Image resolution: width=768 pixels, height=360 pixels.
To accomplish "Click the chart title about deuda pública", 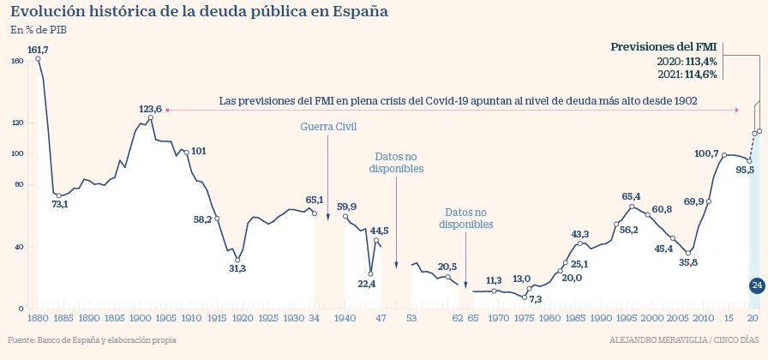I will click(198, 12).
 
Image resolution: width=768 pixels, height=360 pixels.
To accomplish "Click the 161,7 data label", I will click(38, 50).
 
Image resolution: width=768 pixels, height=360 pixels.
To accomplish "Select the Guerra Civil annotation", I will click(327, 128).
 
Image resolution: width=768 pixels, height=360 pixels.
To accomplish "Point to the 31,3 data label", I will click(237, 268).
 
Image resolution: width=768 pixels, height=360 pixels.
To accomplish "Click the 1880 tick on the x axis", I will click(38, 318).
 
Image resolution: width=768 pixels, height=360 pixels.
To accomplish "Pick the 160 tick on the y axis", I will click(17, 61).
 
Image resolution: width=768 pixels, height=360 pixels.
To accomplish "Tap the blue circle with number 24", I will click(757, 285).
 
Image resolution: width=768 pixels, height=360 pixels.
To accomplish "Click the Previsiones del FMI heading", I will click(663, 46).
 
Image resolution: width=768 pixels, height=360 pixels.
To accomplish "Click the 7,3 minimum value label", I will click(536, 299).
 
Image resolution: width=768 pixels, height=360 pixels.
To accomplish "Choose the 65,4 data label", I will click(632, 196).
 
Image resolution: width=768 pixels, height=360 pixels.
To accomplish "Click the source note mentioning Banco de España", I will click(92, 339).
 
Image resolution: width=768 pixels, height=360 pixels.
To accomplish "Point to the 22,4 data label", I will click(368, 283).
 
